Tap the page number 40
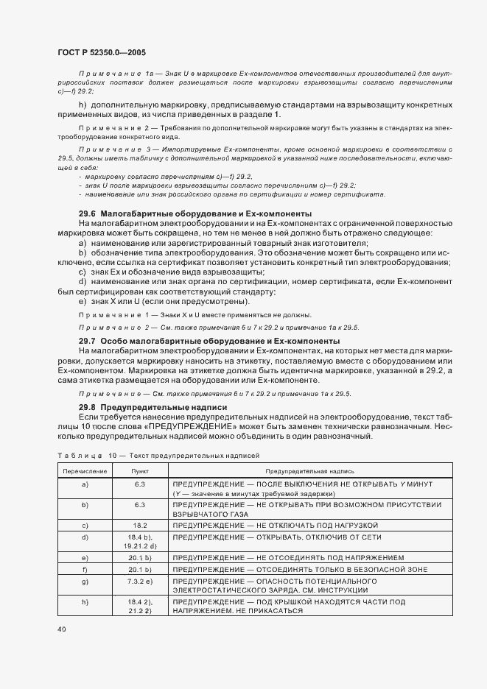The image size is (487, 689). click(x=62, y=629)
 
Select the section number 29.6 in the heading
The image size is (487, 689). click(x=88, y=213)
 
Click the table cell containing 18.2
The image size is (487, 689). click(x=140, y=525)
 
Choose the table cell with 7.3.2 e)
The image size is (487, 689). click(x=140, y=581)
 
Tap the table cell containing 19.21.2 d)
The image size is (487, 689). click(x=140, y=547)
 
